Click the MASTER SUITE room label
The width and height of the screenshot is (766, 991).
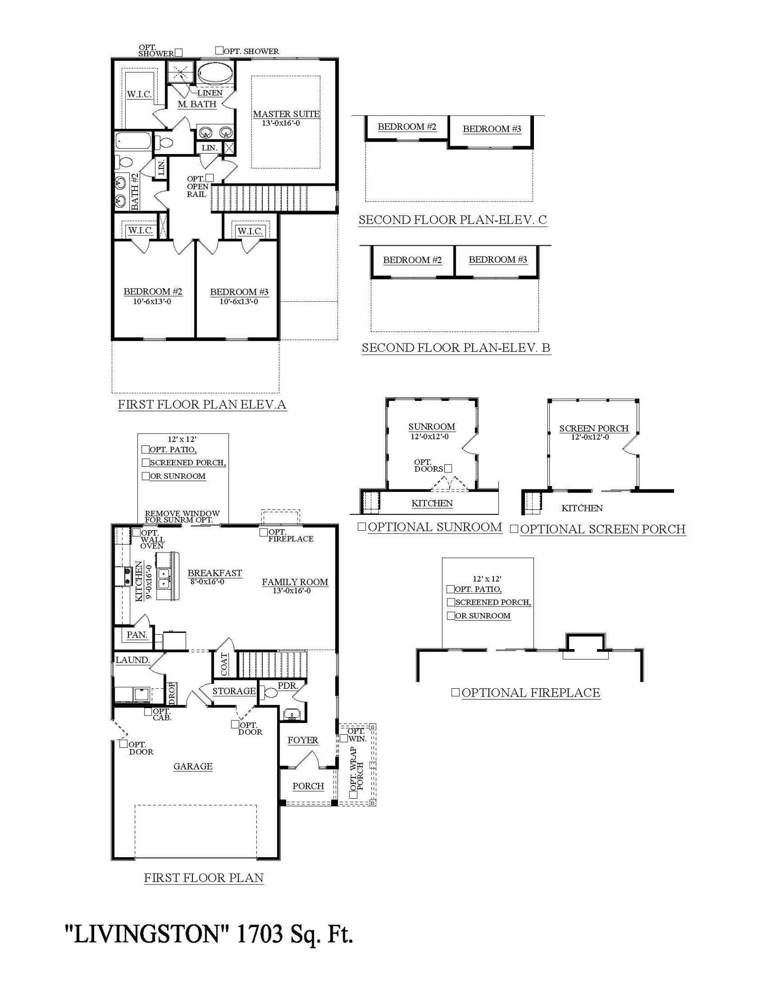coord(286,114)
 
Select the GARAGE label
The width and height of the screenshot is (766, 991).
coord(193,767)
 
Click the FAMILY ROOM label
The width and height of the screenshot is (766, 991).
coord(295,582)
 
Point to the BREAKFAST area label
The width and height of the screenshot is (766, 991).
coord(215,573)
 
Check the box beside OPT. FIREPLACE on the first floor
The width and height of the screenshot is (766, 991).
coord(264,532)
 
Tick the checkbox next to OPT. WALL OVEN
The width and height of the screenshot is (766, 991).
coord(136,532)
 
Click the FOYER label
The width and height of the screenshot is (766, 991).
coord(303,740)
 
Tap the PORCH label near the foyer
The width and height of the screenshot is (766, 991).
coord(308,786)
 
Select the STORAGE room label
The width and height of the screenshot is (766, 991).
coord(234,691)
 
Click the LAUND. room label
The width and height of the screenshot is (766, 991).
coord(132,660)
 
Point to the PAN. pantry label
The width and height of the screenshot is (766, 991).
coord(137,635)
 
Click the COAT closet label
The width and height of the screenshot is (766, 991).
coord(224,664)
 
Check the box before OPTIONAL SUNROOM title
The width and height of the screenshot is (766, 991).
coord(362,527)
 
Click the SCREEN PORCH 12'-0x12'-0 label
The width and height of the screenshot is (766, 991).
coord(594,432)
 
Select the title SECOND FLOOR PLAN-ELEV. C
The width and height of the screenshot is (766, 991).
coord(453,220)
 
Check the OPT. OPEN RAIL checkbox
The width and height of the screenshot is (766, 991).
coord(209,177)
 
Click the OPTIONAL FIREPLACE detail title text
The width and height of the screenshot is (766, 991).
coord(531,693)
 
